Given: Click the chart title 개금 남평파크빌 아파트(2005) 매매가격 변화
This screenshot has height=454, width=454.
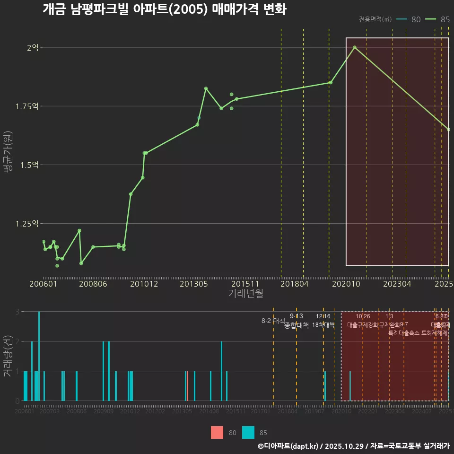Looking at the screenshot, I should tap(164, 9).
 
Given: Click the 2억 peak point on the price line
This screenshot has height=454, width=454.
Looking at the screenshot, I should tap(355, 47).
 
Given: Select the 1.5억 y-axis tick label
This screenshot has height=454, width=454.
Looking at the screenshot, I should tap(30, 165).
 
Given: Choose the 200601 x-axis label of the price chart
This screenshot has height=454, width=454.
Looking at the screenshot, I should tap(44, 284).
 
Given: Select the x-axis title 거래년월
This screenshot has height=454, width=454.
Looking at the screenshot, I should tap(245, 293).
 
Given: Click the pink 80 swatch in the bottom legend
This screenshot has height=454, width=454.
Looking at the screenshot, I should tap(217, 432).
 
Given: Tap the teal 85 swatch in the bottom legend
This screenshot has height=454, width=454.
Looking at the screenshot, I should tap(248, 432).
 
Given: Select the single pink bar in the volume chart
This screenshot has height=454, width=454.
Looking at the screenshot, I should tap(188, 386).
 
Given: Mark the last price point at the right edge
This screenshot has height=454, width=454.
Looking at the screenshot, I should tap(448, 130).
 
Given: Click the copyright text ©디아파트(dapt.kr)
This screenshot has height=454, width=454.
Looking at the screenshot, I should tap(288, 446).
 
